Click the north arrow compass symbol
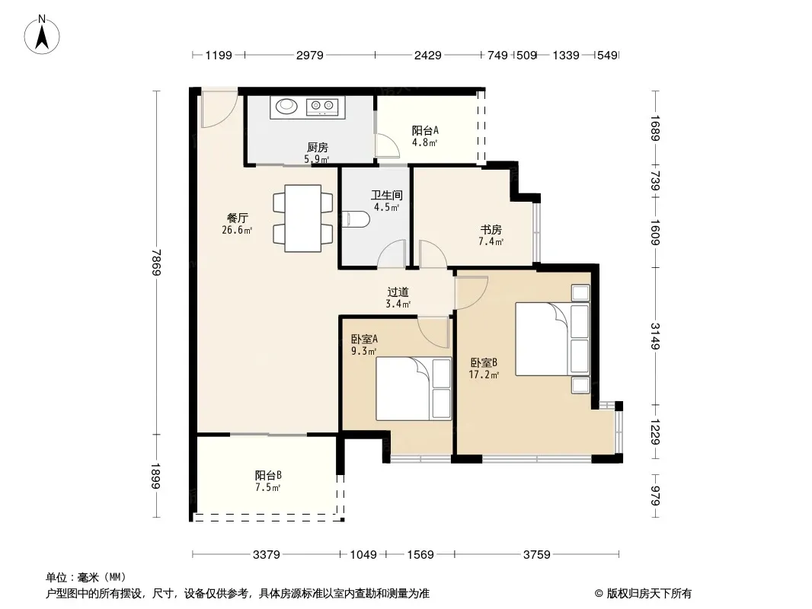42,35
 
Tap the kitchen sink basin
286,106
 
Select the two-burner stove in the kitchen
322,107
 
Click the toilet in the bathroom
356,219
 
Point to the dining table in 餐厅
303,218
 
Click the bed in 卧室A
414,388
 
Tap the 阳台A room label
425,131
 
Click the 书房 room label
491,229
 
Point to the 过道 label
398,292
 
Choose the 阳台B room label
268,475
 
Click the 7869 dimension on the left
156,263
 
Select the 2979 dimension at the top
310,55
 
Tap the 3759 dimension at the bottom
536,555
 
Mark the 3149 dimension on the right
655,336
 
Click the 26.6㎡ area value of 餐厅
237,230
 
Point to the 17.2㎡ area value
484,375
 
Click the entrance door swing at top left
219,109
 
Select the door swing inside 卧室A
433,332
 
